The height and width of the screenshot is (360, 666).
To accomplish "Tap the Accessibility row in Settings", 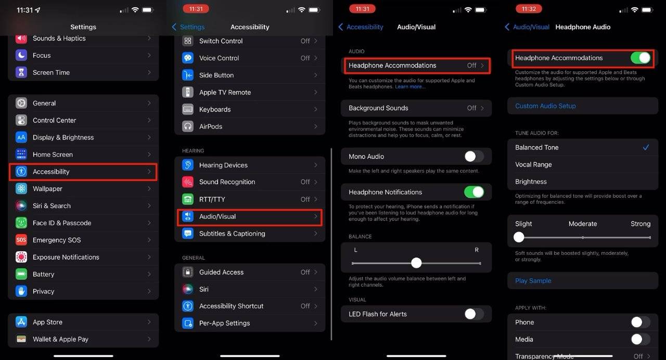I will coord(83,172).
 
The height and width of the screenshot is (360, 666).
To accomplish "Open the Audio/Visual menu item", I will coord(250,216).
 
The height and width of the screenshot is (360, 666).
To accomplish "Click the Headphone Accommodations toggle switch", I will coord(641,58).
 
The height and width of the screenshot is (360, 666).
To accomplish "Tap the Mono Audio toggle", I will coord(473,156).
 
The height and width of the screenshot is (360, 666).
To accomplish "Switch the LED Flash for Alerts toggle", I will coord(473,314).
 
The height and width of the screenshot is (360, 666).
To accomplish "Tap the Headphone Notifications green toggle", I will coord(473,192).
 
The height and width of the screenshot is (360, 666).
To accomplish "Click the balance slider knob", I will coord(416,263).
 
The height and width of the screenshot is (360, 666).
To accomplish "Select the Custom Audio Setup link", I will coord(545,106).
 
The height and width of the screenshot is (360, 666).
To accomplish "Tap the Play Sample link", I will coord(533,280).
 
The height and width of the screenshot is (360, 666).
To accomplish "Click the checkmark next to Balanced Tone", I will coord(646,147).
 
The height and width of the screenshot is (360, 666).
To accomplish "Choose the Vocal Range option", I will coord(533,164).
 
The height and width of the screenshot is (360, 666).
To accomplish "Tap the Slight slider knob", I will coord(519,237).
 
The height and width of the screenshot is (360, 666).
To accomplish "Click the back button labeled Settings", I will coord(188,27).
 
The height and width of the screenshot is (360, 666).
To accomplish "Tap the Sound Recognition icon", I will coord(188,182).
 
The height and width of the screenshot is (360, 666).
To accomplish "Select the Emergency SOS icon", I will coord(21,240).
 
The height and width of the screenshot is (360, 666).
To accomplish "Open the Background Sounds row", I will coord(416,108).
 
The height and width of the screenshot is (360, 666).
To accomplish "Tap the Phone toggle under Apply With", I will coord(640,322).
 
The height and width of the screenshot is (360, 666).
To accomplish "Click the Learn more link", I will coord(410,87).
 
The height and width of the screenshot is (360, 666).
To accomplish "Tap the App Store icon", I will coord(21,322).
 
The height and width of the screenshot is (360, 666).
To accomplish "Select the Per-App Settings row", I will coord(250,323).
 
